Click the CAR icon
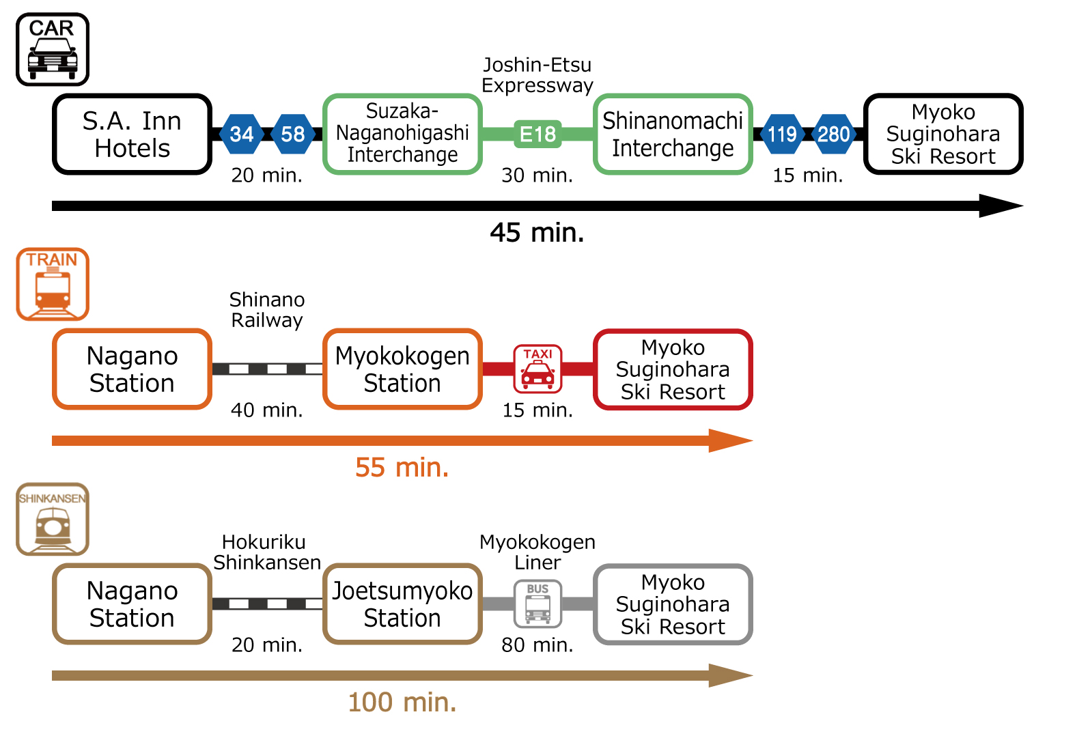tap(53, 49)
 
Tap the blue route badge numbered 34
tap(242, 134)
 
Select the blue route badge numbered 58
tap(293, 134)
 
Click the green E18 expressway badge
tap(537, 134)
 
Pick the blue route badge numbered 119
tap(782, 134)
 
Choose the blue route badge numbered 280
tap(833, 134)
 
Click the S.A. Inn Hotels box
tap(132, 134)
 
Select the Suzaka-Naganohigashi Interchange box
tap(402, 134)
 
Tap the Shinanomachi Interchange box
tap(673, 134)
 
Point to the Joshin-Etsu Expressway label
tap(537, 75)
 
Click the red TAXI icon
tap(537, 369)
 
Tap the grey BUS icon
tap(537, 604)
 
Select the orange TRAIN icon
tap(53, 284)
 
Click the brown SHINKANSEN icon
tap(53, 519)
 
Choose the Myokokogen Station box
tap(402, 369)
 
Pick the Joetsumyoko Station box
tap(402, 604)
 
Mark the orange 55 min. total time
tap(402, 468)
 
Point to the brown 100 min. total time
tap(402, 703)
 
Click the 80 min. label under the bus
tap(537, 645)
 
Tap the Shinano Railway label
tap(267, 310)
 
